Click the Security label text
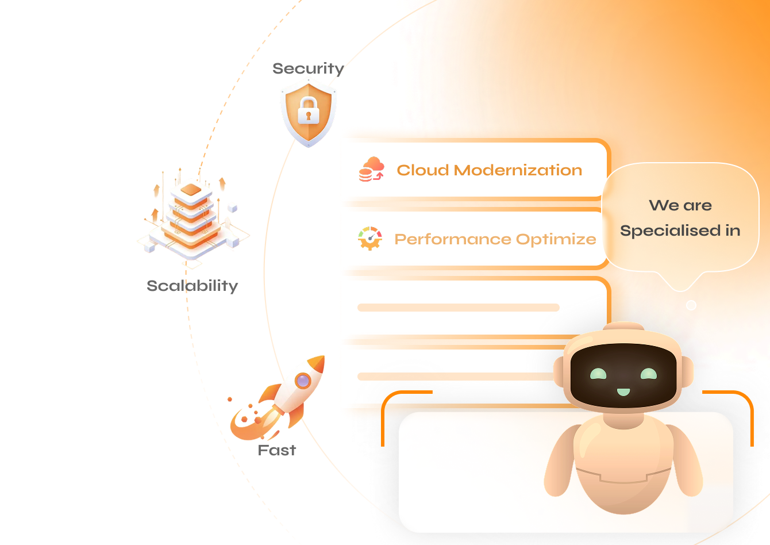pyautogui.click(x=308, y=68)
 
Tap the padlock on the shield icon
pyautogui.click(x=309, y=111)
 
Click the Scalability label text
pyautogui.click(x=192, y=286)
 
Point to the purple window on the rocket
pyautogui.click(x=303, y=380)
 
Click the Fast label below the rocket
pyautogui.click(x=276, y=450)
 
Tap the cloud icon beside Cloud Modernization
pyautogui.click(x=372, y=170)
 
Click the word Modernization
pyautogui.click(x=518, y=170)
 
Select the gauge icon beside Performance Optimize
pyautogui.click(x=370, y=238)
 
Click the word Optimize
pyautogui.click(x=556, y=239)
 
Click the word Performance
pyautogui.click(x=452, y=239)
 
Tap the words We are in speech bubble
pyautogui.click(x=680, y=205)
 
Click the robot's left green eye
pyautogui.click(x=598, y=374)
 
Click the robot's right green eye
pyautogui.click(x=649, y=374)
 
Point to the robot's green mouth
pyautogui.click(x=623, y=392)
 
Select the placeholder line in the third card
pyautogui.click(x=458, y=308)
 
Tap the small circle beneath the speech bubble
pyautogui.click(x=691, y=305)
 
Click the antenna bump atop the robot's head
pyautogui.click(x=623, y=327)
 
